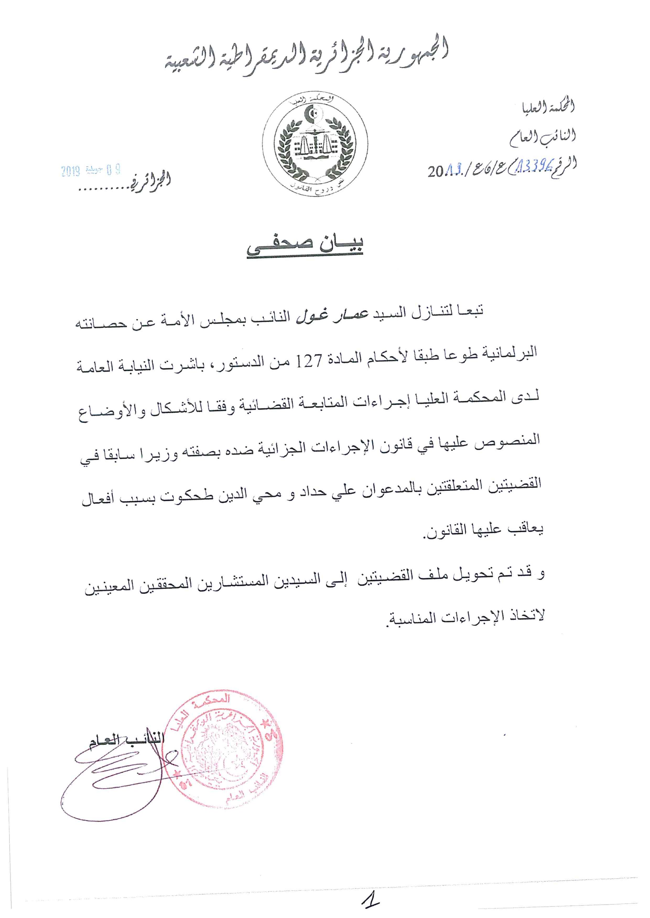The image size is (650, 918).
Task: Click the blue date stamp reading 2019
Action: tap(91, 171)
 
